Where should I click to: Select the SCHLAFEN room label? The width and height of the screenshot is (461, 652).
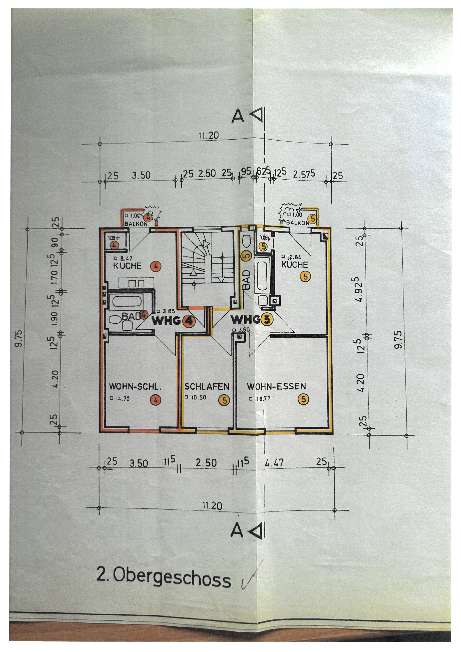(x=207, y=387)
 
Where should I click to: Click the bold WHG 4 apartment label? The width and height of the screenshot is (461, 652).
(x=173, y=321)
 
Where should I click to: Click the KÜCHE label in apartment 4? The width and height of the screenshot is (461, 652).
(x=127, y=266)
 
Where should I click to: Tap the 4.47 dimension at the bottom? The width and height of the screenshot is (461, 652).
(x=274, y=463)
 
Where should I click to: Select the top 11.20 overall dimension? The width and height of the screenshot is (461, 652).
(x=209, y=136)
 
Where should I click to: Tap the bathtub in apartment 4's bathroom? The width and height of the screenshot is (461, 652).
(x=127, y=301)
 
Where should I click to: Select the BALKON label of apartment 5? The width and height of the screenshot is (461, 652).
(x=297, y=223)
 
